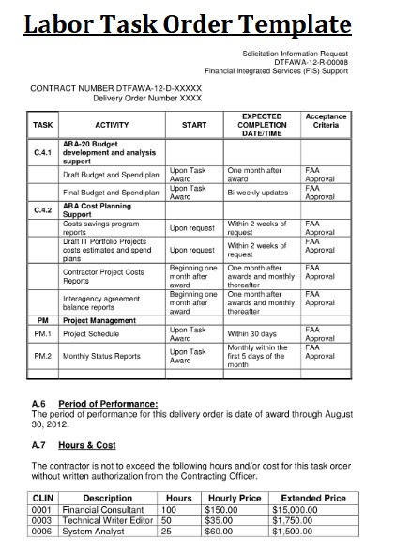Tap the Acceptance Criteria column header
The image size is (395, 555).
(326, 120)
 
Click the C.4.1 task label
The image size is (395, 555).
(42, 151)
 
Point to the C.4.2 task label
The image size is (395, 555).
(42, 210)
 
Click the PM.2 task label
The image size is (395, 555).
(42, 356)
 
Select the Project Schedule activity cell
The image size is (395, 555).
(91, 333)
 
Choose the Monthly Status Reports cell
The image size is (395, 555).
(101, 356)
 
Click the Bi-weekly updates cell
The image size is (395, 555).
(257, 192)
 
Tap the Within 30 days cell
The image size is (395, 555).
(252, 333)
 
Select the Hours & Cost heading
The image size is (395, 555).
(86, 445)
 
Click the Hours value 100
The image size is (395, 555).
(169, 509)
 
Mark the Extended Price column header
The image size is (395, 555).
(313, 498)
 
